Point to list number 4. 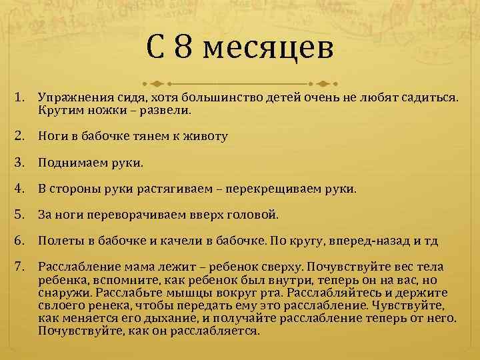[x=20, y=189]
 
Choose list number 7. [x=20, y=267]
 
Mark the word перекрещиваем [x=281, y=189]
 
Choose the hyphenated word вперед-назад [x=380, y=241]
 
